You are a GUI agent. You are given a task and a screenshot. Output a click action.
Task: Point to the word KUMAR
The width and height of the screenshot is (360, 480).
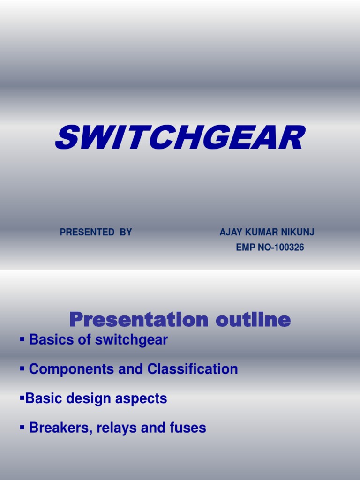(x=261, y=232)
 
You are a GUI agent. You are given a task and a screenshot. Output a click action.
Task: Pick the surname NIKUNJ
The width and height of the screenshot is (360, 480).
(x=297, y=232)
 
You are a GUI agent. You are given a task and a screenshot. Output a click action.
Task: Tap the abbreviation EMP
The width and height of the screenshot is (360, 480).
(x=246, y=247)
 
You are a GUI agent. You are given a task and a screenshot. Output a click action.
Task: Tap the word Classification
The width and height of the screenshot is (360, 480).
(x=193, y=369)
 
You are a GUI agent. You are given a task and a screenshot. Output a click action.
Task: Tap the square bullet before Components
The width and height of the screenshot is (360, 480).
(x=22, y=368)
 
